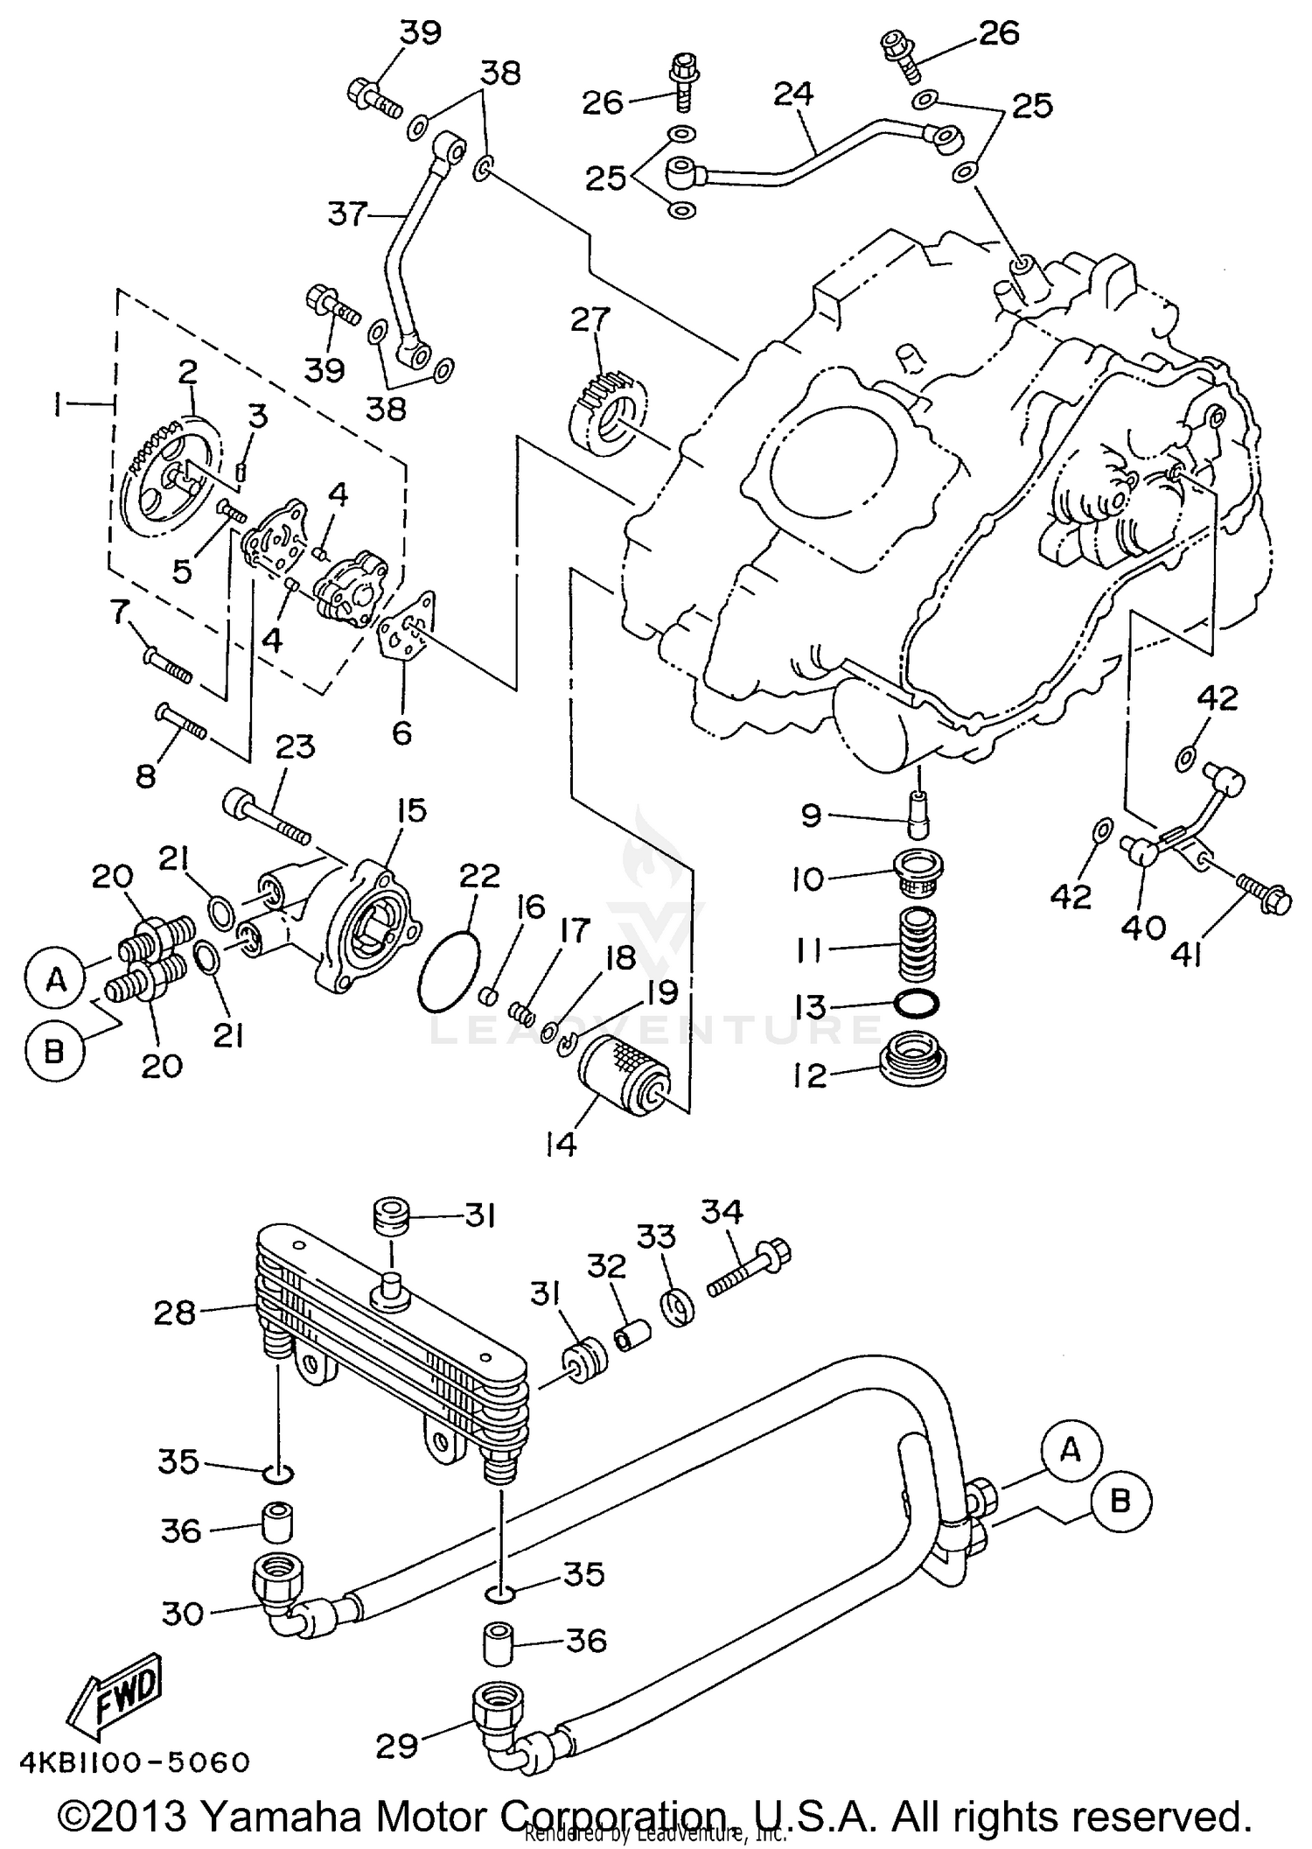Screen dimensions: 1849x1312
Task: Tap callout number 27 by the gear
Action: (x=590, y=321)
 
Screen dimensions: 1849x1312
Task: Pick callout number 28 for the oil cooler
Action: (x=174, y=1313)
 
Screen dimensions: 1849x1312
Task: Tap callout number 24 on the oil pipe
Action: (x=793, y=95)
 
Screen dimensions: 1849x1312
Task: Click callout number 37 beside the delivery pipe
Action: (x=348, y=213)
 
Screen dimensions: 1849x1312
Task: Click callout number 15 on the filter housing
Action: (x=409, y=811)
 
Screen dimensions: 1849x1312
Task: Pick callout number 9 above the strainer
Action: (x=811, y=816)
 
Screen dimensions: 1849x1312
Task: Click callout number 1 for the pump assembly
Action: (x=58, y=404)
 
